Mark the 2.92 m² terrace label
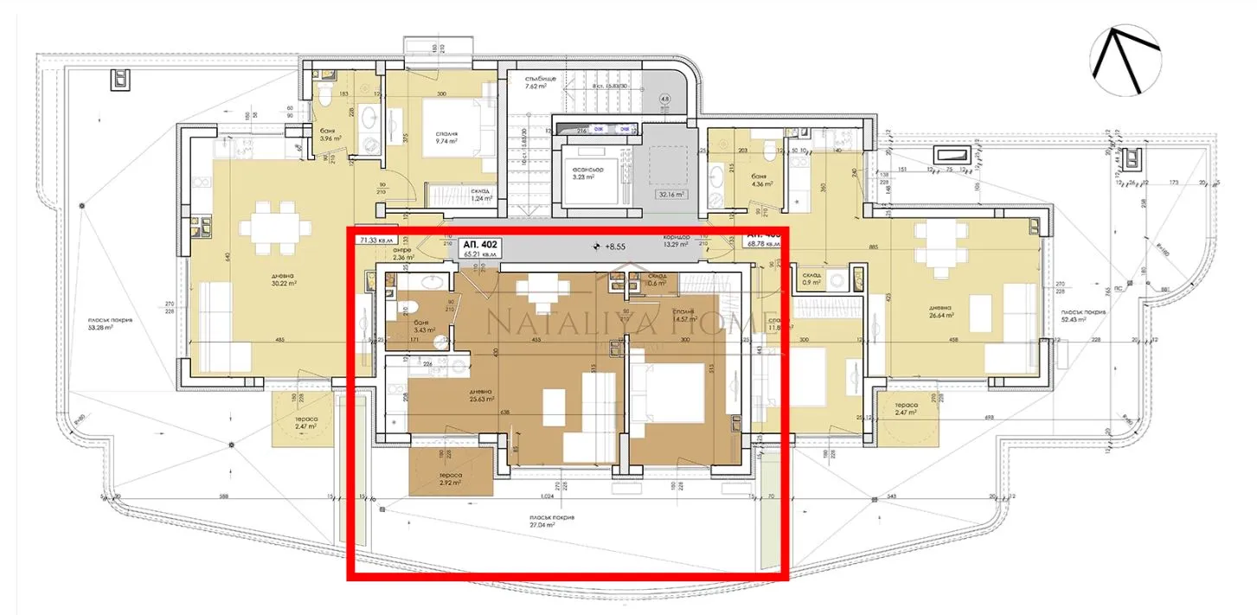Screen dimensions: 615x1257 coord(451,479)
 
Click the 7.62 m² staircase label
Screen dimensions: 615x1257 coord(546,83)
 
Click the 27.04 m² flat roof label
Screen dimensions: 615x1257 coord(553,522)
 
